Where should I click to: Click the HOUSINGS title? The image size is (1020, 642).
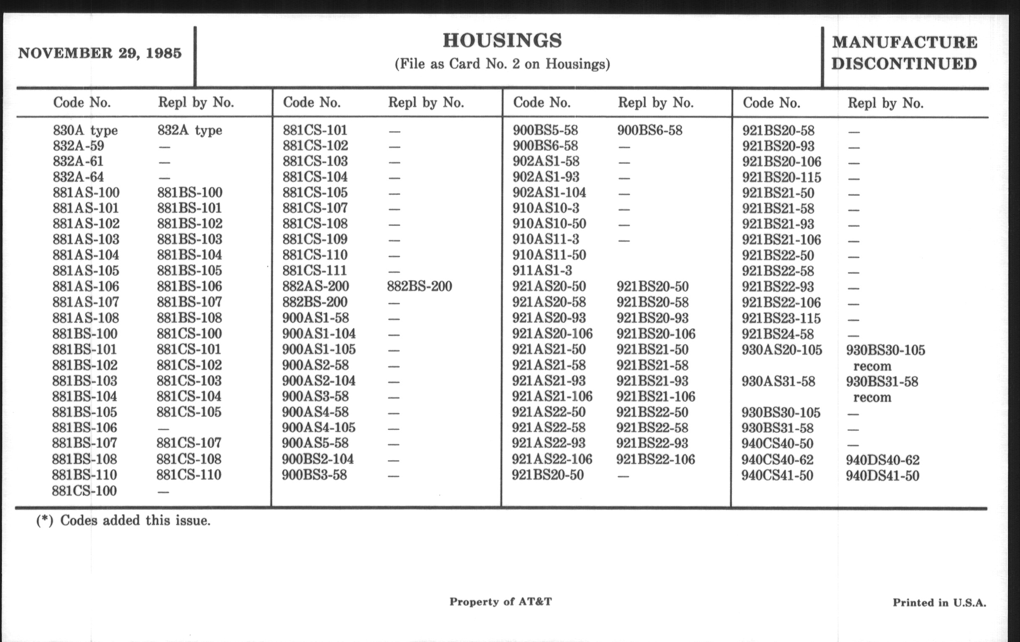[x=502, y=41]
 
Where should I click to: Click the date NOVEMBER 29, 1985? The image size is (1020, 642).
[x=99, y=53]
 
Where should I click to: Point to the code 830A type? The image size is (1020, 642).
[x=85, y=130]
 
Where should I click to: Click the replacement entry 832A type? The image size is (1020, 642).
[x=190, y=130]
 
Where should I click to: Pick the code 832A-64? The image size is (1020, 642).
[x=78, y=177]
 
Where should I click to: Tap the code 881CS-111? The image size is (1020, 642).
[x=315, y=270]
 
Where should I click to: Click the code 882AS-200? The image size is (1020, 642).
[x=315, y=287]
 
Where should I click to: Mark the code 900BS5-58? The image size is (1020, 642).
[x=545, y=130]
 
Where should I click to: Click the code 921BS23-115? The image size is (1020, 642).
[x=781, y=318]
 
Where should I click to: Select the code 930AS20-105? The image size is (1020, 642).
[x=781, y=350]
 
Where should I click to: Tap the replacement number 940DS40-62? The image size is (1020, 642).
[x=882, y=460]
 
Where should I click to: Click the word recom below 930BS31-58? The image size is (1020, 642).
[x=872, y=397]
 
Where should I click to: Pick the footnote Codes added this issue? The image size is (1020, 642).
[x=135, y=520]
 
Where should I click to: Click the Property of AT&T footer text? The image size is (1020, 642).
[x=500, y=602]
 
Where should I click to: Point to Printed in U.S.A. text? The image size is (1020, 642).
[x=939, y=603]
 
